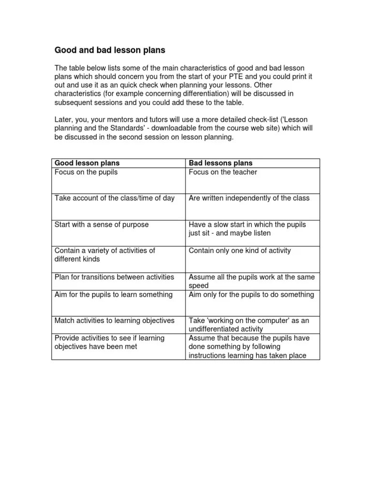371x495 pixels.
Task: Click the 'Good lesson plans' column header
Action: tap(87, 163)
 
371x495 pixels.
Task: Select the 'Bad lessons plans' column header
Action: tap(220, 163)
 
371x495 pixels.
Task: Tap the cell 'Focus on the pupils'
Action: tap(86, 172)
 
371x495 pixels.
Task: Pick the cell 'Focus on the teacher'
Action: tap(223, 172)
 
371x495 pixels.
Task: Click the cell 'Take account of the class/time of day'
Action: tap(114, 198)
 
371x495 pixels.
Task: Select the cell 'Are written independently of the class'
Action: tap(249, 198)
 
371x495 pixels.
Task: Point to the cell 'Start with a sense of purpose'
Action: tap(101, 224)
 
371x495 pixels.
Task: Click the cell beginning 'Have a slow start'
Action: tap(247, 229)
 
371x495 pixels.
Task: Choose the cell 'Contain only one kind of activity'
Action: tap(240, 250)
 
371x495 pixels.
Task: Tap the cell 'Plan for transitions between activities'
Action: tap(114, 277)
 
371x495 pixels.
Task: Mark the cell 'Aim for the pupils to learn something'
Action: tap(113, 294)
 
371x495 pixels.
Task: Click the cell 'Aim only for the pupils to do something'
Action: tap(251, 294)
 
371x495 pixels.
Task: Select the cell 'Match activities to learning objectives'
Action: tap(114, 320)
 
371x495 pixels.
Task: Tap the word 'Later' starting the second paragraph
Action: tap(63, 120)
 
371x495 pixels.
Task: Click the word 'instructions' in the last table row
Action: tap(208, 355)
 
